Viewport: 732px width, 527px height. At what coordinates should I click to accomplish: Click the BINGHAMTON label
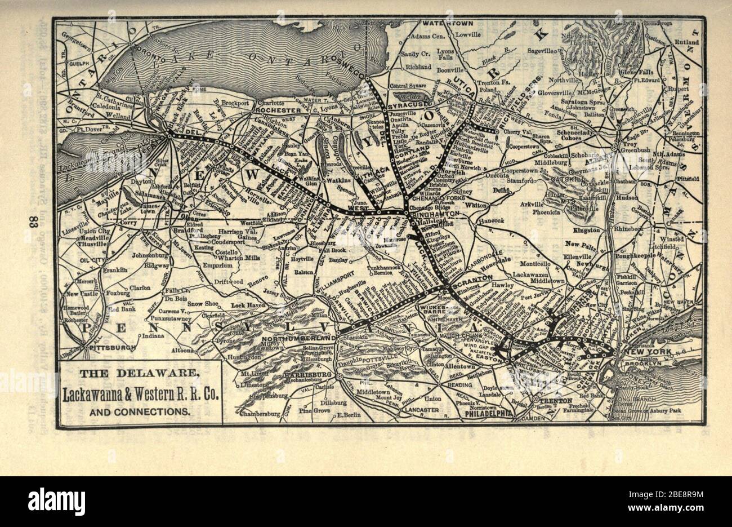click(x=437, y=215)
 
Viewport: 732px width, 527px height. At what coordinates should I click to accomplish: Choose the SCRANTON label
click(x=476, y=278)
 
